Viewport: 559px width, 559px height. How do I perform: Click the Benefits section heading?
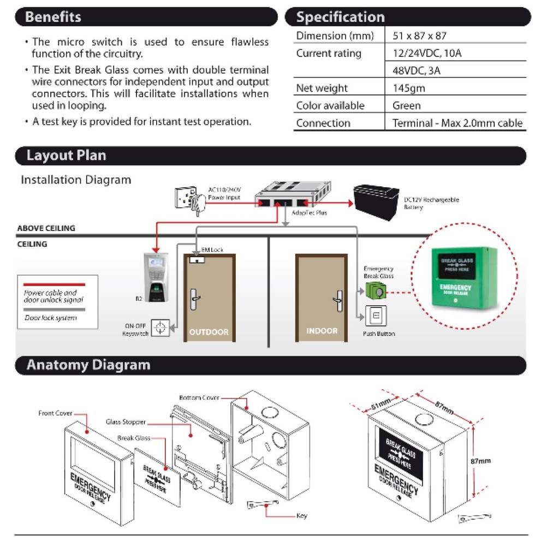click(53, 17)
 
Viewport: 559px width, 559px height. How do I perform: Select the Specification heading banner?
click(340, 17)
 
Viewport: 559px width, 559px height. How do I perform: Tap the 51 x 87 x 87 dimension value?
click(419, 36)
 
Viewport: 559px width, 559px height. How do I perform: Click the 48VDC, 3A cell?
click(417, 71)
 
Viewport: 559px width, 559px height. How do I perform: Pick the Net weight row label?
click(322, 88)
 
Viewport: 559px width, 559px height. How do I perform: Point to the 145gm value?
click(409, 88)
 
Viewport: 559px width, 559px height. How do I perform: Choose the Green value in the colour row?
click(406, 106)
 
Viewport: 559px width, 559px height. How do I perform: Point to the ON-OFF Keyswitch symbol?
click(160, 328)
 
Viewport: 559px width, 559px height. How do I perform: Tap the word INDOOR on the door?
click(322, 331)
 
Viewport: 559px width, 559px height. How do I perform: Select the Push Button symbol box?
click(376, 316)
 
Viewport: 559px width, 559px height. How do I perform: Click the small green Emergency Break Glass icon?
click(375, 292)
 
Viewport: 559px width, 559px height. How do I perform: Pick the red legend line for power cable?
click(54, 284)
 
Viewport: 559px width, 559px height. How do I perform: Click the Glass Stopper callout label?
click(126, 422)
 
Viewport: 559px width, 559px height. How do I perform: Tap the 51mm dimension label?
click(380, 405)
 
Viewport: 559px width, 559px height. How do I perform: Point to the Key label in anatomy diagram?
click(301, 516)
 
